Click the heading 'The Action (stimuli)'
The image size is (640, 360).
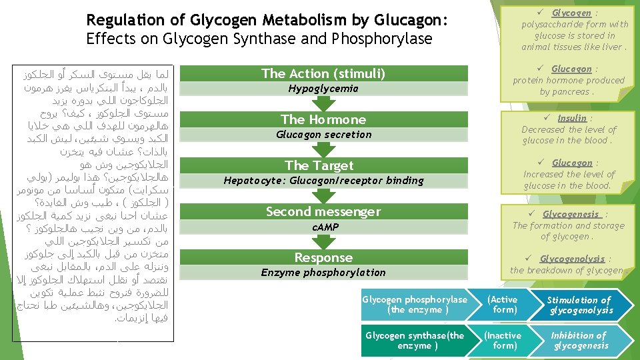(x=323, y=73)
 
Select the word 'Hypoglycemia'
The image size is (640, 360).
(x=323, y=89)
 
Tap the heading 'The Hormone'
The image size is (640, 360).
(x=323, y=119)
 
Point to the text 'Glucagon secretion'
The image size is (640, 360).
(x=323, y=135)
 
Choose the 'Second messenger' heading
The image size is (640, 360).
(x=323, y=212)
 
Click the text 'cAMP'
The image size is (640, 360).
(x=325, y=227)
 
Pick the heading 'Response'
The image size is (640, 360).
(x=323, y=257)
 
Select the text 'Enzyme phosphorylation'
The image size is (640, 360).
(x=323, y=273)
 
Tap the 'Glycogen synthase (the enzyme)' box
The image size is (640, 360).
(x=415, y=341)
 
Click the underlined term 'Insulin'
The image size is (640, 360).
(x=572, y=118)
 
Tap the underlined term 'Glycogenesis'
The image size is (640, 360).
(x=571, y=214)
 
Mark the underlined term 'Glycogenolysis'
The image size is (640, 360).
(x=572, y=259)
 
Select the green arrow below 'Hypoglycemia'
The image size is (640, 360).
(x=323, y=103)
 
